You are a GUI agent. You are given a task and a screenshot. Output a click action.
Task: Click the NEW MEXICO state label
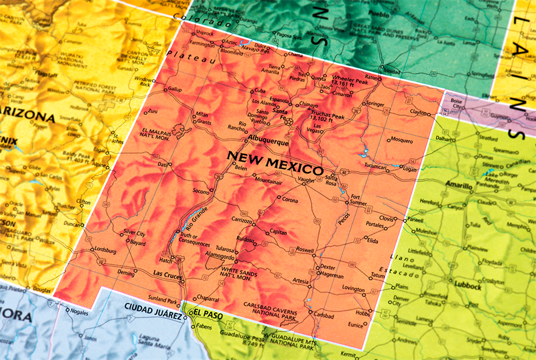pos(275,162)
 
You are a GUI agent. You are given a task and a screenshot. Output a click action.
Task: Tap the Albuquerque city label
pos(269,142)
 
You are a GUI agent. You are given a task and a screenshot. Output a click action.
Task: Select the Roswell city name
pos(304,250)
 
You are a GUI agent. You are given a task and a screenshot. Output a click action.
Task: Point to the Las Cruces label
pos(168,275)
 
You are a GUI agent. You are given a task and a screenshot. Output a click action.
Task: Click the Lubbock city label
pos(467,286)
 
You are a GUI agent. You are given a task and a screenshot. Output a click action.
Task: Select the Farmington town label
pos(202,44)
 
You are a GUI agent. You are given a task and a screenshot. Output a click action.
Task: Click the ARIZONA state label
pos(27,115)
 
